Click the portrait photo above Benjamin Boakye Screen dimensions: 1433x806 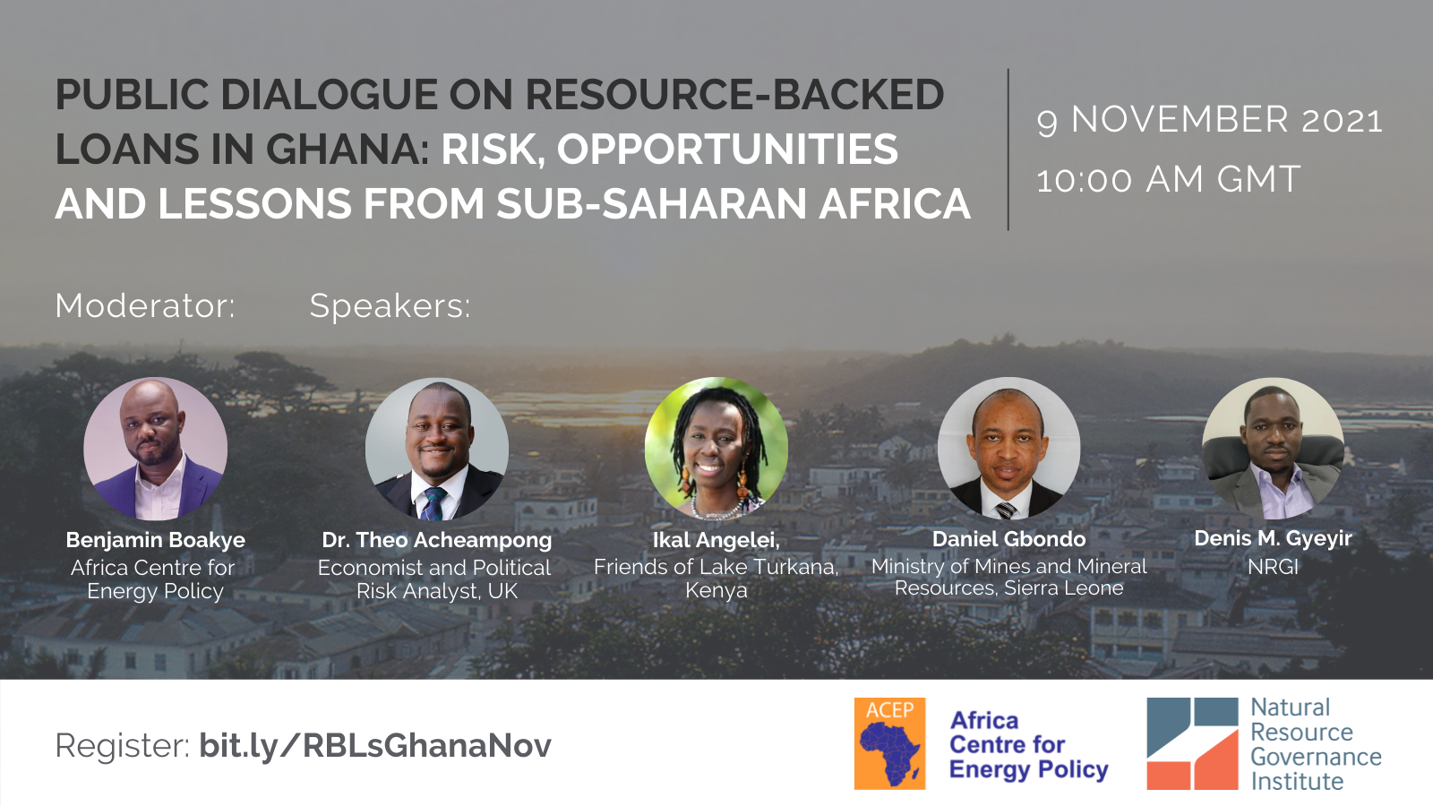156,449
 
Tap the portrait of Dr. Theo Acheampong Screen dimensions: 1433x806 437,449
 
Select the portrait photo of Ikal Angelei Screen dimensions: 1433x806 716,449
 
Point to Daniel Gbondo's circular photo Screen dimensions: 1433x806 1008,448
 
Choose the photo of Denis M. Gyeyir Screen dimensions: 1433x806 1273,448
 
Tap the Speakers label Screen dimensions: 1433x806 390,305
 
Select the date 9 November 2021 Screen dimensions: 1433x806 1210,120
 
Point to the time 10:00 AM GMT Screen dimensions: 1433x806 1168,179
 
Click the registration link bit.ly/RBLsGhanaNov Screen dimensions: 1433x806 375,745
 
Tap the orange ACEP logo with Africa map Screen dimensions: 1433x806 890,743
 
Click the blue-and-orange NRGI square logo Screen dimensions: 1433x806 1192,743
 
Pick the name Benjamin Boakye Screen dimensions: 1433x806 156,540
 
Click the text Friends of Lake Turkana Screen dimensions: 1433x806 716,567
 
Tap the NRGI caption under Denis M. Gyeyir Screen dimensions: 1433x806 1273,567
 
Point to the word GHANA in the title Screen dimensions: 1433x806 346,149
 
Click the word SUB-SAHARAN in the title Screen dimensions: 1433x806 651,203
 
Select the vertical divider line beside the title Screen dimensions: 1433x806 1008,149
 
